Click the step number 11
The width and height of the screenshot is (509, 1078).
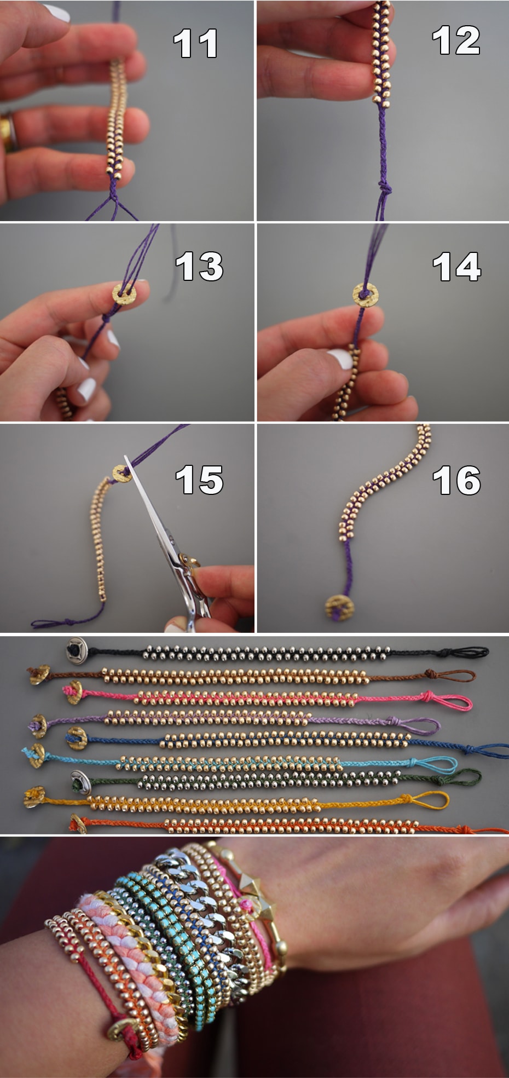196,44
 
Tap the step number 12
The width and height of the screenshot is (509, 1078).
456,41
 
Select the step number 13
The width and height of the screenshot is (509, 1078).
199,267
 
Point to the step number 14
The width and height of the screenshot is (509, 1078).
456,267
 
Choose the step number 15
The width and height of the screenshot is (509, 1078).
199,480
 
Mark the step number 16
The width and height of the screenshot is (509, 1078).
456,480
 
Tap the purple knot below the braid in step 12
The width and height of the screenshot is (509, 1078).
385,189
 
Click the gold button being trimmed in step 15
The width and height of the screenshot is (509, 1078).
122,474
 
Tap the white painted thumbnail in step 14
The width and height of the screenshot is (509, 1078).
340,359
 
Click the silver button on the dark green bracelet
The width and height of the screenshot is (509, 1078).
80,781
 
